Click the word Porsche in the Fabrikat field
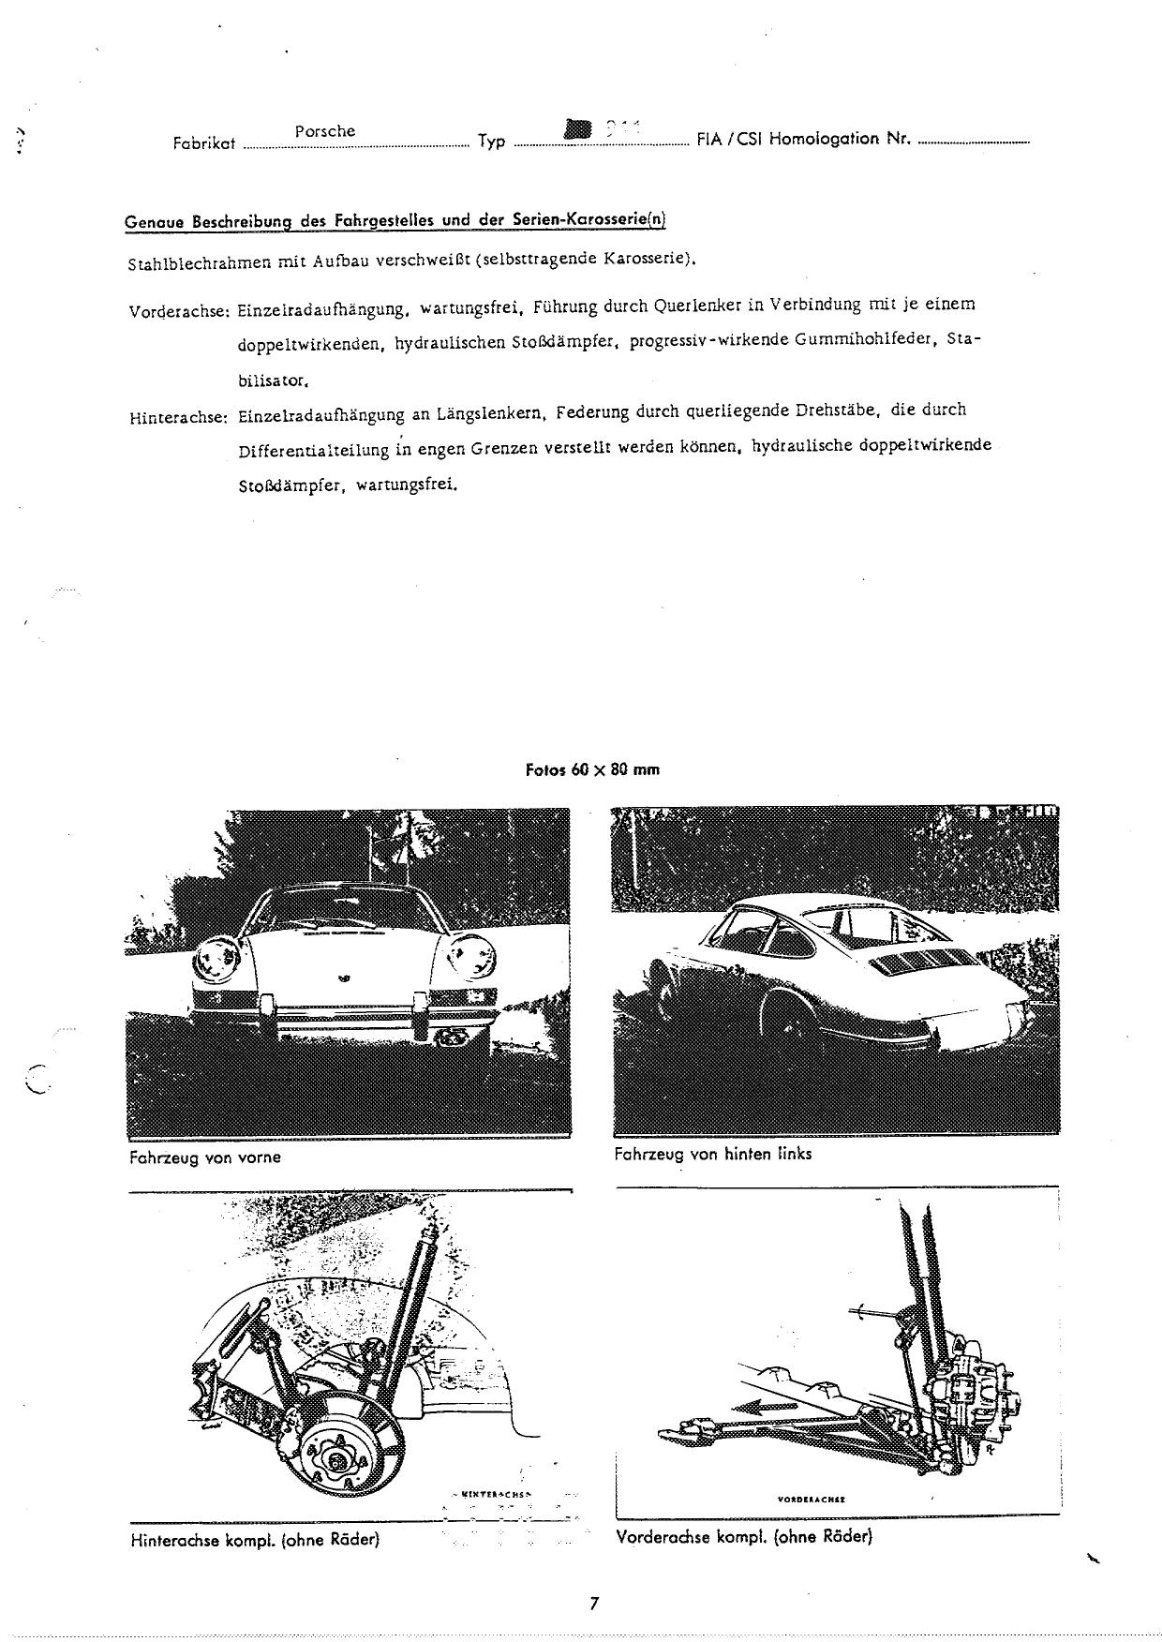coord(325,131)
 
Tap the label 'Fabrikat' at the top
coord(203,144)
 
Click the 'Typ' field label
coord(491,142)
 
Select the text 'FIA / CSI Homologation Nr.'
coord(804,139)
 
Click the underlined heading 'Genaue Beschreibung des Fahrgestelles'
coord(395,221)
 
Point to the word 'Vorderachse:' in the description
coord(180,311)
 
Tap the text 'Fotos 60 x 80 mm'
coord(592,770)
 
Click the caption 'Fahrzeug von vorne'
coord(204,1157)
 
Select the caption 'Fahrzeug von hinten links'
coord(712,1154)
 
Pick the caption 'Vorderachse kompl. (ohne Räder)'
coord(744,1537)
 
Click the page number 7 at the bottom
coord(593,1603)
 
